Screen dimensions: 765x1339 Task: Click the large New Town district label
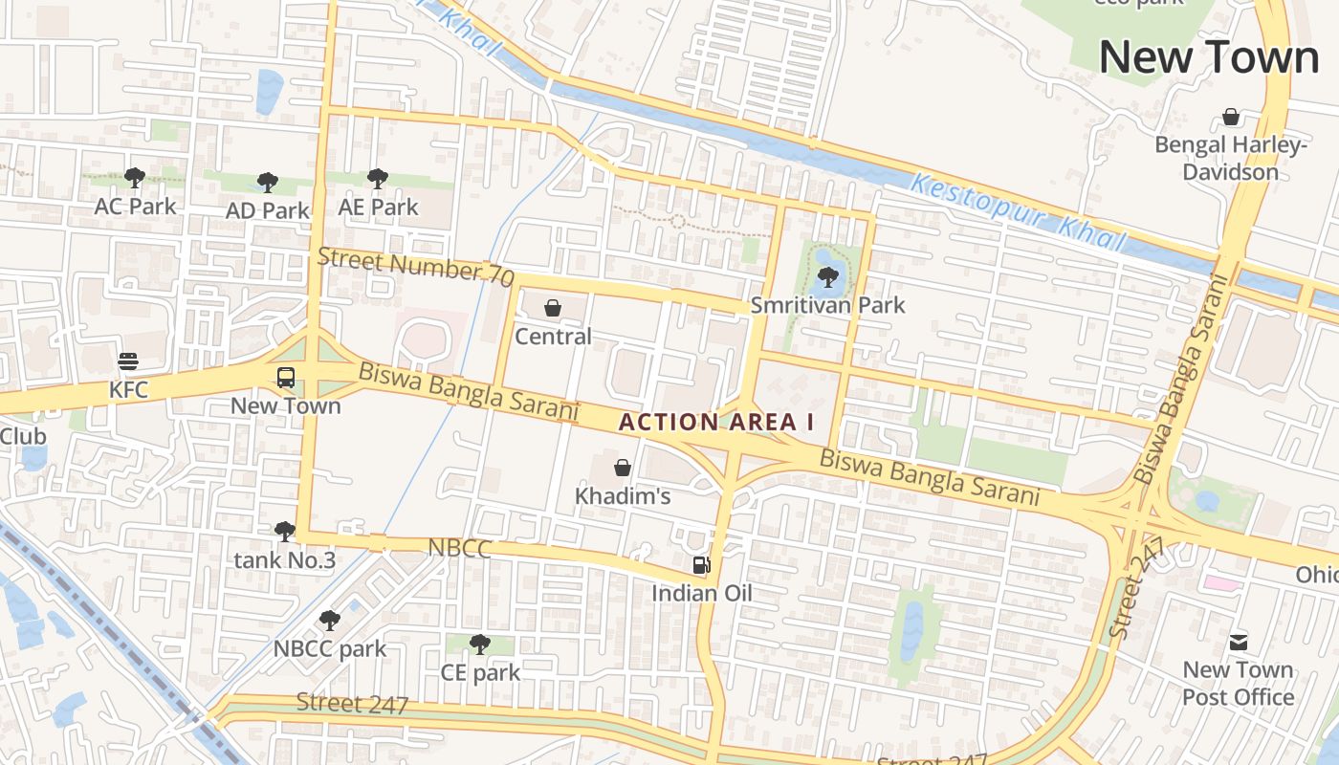(1208, 57)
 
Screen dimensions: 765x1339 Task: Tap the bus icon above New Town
(286, 377)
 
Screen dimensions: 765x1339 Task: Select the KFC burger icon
(128, 361)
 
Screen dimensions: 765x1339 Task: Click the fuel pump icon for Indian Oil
(702, 565)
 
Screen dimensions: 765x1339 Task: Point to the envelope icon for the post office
(1238, 642)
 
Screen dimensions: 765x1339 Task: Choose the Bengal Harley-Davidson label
(1230, 159)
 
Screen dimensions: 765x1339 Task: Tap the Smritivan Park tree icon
(827, 277)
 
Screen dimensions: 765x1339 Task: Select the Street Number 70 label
(415, 265)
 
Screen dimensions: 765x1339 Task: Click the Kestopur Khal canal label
(1018, 212)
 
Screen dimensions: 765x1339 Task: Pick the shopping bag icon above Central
(553, 308)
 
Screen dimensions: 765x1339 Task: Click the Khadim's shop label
(622, 496)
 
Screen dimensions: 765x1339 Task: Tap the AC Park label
(135, 207)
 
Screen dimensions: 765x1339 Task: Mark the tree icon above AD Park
(268, 182)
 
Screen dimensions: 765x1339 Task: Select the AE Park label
(379, 207)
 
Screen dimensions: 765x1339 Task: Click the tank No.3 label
(284, 560)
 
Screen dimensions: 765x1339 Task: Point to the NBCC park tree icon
(330, 620)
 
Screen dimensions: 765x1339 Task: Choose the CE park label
(480, 672)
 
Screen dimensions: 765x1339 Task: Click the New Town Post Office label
(1238, 683)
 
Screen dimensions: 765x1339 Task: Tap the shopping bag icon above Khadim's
(623, 468)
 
